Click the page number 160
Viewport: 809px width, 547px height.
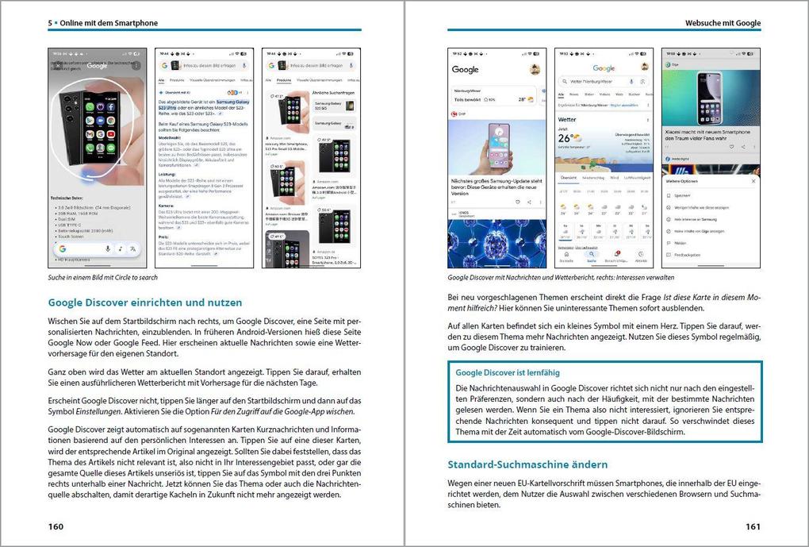[x=56, y=526]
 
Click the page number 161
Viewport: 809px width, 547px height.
[x=753, y=526]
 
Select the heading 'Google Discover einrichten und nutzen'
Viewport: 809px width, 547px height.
[x=145, y=302]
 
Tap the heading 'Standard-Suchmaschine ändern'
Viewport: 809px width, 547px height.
[x=527, y=464]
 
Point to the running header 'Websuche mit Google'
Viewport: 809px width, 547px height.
[x=723, y=23]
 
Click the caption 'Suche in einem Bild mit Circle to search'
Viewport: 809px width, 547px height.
[x=103, y=278]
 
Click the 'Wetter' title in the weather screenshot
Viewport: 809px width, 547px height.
[x=567, y=120]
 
